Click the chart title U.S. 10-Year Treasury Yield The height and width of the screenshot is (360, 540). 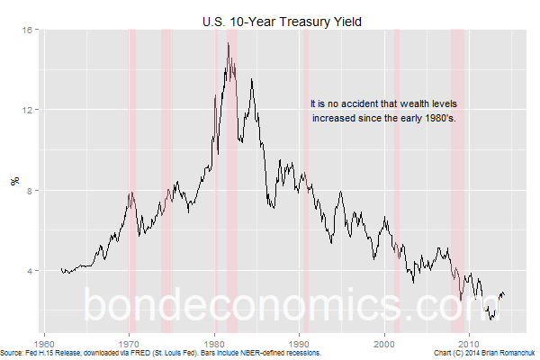point(282,20)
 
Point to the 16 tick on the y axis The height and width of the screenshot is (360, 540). point(28,30)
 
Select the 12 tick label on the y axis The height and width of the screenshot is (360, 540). point(28,110)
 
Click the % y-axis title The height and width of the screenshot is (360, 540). point(13,180)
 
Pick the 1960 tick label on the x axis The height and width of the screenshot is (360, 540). point(45,343)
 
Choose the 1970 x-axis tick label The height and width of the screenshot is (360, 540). point(130,343)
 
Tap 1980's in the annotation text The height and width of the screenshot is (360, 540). point(440,118)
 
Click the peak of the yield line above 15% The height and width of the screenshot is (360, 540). point(229,43)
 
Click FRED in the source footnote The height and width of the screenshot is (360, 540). point(127,352)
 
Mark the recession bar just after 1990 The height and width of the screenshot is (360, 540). point(305,180)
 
